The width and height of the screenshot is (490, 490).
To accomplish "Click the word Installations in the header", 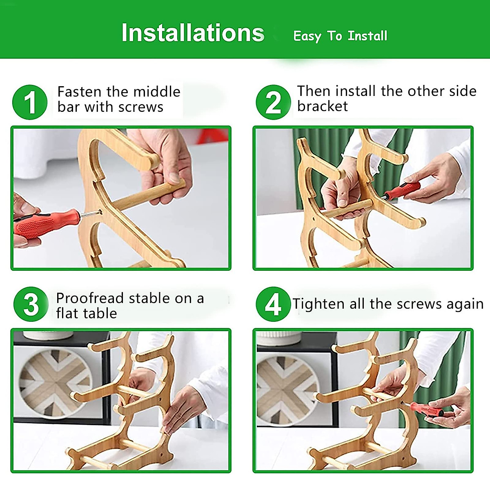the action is tap(193, 33).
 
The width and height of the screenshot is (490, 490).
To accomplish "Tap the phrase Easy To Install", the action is tap(340, 36).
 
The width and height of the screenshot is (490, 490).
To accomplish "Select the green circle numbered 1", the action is tap(30, 102).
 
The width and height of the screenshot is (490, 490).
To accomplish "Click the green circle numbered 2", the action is tap(273, 102).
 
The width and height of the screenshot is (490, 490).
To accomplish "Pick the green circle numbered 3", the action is tap(31, 304).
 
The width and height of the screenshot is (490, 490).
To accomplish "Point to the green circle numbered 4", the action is tap(273, 304).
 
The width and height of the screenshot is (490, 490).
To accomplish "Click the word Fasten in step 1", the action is tap(80, 91).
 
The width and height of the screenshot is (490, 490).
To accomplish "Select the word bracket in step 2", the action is tap(323, 106).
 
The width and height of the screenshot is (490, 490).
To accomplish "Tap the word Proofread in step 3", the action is tap(90, 298).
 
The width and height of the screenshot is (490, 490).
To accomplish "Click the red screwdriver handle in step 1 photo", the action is tap(46, 224).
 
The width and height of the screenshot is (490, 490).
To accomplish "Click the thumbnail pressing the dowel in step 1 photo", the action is tap(175, 178).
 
